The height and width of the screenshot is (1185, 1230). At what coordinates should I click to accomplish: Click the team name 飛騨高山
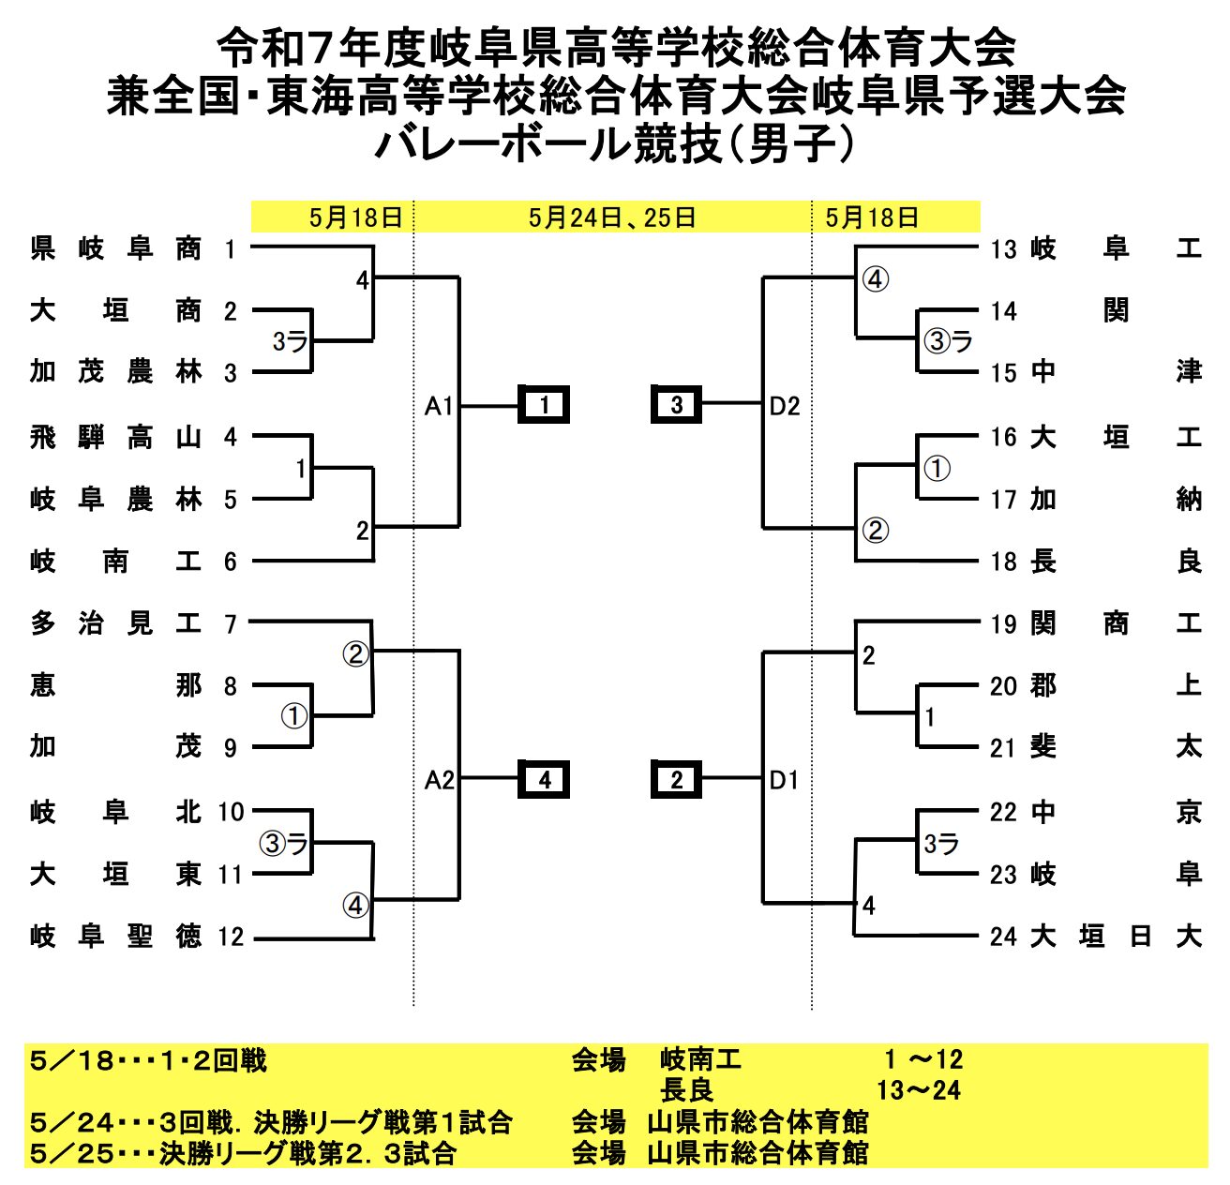(x=115, y=438)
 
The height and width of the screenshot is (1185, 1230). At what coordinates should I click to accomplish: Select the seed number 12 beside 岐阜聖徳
(x=231, y=937)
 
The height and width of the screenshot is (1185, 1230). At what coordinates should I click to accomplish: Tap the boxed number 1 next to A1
(x=544, y=404)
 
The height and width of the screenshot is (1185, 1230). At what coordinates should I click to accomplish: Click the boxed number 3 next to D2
(x=676, y=404)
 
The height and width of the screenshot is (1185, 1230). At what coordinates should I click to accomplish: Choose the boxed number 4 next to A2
(x=544, y=780)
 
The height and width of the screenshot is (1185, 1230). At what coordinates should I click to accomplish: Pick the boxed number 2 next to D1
(x=676, y=780)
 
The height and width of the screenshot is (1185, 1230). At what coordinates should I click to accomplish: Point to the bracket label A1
(x=439, y=406)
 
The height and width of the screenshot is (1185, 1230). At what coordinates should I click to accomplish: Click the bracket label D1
(x=784, y=781)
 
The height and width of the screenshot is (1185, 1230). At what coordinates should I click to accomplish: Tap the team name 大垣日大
(x=1116, y=936)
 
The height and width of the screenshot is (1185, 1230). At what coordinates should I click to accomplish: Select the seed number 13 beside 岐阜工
(x=1003, y=249)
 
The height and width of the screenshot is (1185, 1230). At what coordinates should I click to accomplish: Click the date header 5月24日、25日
(x=612, y=217)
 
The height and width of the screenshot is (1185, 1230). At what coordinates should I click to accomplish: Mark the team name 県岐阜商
(x=115, y=248)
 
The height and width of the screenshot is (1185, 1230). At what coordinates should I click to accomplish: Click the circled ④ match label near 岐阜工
(x=876, y=279)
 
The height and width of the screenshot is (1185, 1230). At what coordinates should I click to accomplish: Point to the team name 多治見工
(x=115, y=623)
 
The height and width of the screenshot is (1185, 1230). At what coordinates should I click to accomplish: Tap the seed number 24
(x=1003, y=937)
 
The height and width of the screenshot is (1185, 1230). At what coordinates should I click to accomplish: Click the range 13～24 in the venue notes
(x=919, y=1090)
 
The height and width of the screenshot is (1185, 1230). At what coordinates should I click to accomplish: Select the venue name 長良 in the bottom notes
(x=686, y=1090)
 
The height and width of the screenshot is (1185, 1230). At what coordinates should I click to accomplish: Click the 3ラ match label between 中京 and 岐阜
(x=941, y=844)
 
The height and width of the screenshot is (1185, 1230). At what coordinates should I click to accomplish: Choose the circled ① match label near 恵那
(x=294, y=716)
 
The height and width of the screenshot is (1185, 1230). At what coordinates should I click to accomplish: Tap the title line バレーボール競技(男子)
(x=614, y=144)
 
